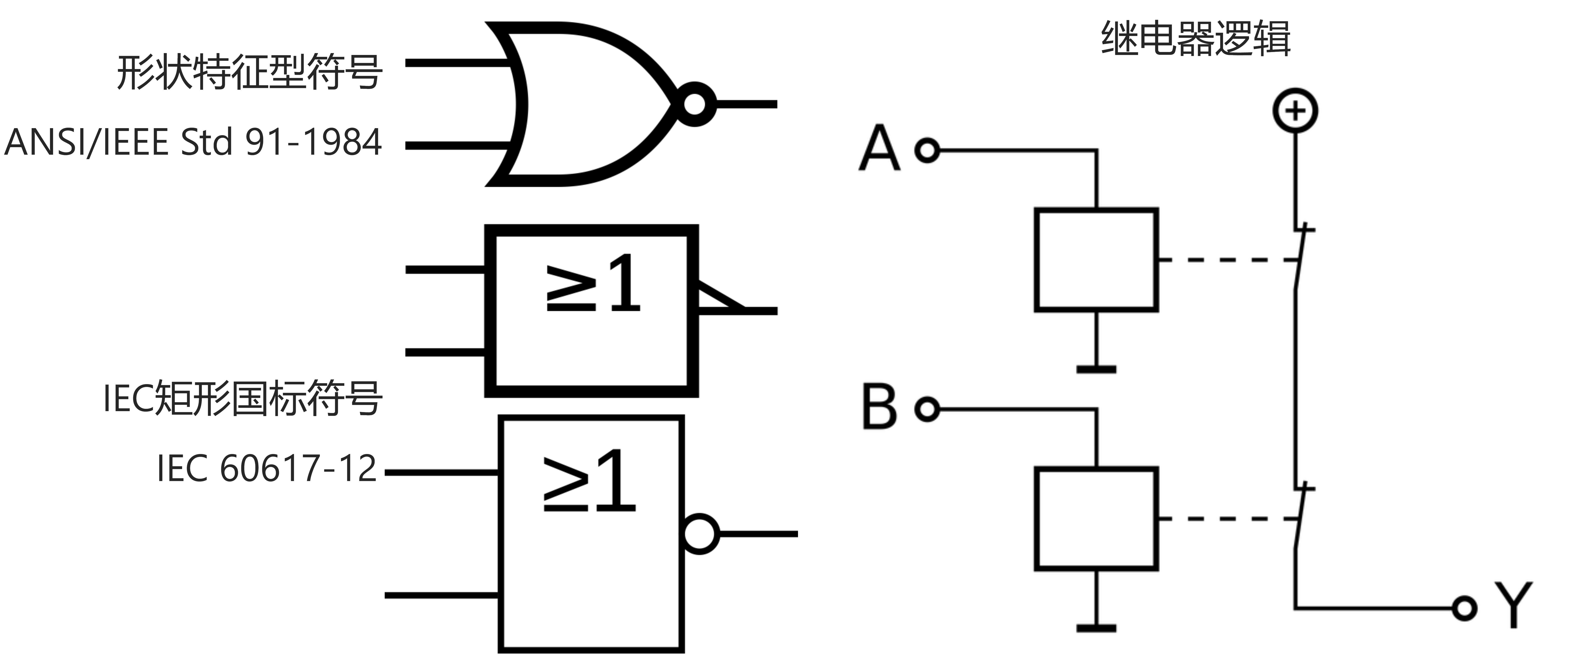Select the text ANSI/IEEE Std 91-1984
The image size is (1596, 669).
pyautogui.click(x=193, y=142)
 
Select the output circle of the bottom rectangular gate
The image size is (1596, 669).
pyautogui.click(x=700, y=533)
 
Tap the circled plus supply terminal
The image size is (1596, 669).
pyautogui.click(x=1295, y=111)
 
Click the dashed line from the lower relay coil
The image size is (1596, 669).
pyautogui.click(x=1227, y=518)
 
